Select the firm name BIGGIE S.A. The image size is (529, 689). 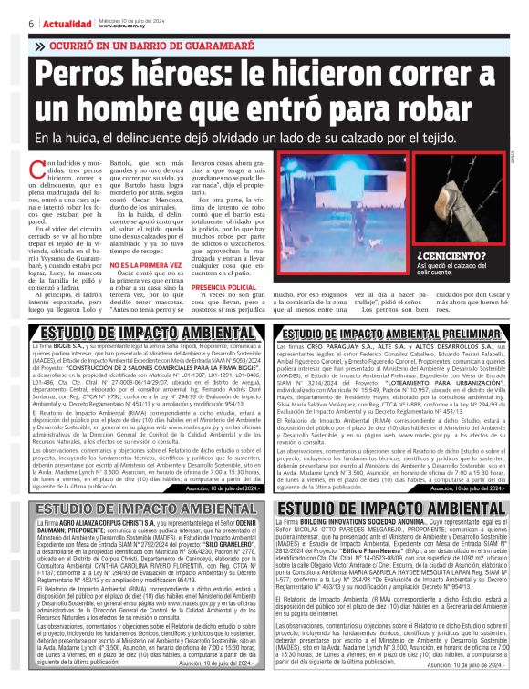point(72,347)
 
